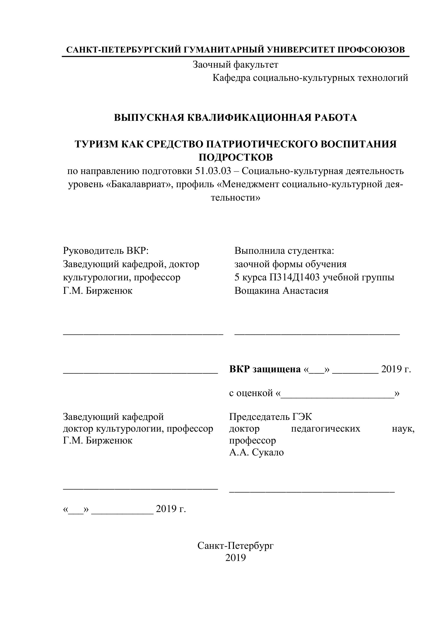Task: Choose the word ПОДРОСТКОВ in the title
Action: pos(236,157)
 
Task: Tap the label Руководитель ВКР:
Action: pos(106,251)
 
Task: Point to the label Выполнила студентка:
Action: pos(284,251)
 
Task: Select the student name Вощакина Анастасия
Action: pos(281,291)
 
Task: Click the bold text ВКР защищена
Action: pos(265,369)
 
